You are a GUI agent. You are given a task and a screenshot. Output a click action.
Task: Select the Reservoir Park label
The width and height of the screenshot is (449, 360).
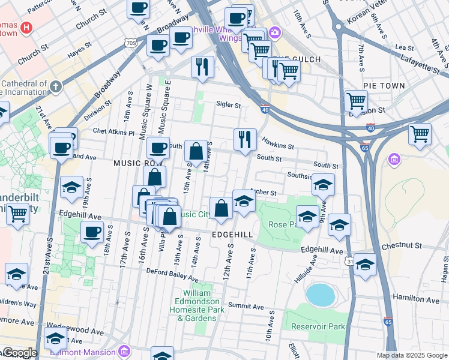click(318, 327)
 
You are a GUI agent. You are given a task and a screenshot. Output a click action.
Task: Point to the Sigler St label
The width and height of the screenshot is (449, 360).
click(228, 105)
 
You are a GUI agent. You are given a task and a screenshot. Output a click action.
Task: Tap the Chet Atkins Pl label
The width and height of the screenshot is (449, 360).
click(113, 131)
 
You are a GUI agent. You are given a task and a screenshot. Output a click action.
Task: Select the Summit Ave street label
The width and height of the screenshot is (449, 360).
click(246, 307)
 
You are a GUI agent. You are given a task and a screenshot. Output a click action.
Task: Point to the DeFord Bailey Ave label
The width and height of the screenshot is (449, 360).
click(172, 275)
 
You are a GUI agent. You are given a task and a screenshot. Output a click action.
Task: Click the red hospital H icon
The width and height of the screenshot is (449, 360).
click(26, 28)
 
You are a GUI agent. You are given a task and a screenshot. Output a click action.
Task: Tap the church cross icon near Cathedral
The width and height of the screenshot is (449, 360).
click(56, 86)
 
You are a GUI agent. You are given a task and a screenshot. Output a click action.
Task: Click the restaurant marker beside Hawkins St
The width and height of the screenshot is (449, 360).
click(245, 140)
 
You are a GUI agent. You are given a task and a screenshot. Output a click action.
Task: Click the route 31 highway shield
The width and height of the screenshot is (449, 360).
click(350, 261)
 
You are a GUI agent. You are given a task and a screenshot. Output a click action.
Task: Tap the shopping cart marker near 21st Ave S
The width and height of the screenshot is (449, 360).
click(18, 212)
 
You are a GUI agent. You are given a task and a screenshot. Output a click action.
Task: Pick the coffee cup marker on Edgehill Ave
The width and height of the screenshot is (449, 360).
click(92, 232)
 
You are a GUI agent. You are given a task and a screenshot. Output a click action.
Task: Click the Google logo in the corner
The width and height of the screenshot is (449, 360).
click(19, 353)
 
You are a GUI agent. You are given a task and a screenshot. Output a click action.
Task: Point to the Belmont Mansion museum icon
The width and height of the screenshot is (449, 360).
click(124, 350)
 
